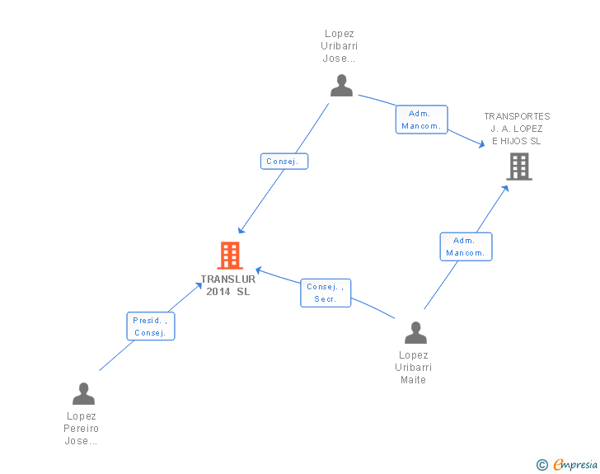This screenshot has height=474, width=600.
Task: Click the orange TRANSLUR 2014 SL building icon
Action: click(x=229, y=256)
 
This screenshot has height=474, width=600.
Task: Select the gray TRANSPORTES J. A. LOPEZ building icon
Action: click(x=518, y=167)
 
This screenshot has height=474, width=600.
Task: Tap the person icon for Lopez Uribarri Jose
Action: click(x=341, y=86)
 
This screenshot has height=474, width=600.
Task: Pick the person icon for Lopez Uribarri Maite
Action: click(x=416, y=333)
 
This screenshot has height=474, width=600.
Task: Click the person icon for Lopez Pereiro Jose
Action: click(x=83, y=394)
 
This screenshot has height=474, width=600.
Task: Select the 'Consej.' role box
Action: click(x=284, y=162)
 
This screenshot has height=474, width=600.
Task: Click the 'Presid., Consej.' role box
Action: click(x=151, y=326)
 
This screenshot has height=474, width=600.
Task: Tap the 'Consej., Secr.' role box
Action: click(x=326, y=293)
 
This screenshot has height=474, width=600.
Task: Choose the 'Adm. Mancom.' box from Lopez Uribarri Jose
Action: click(x=422, y=120)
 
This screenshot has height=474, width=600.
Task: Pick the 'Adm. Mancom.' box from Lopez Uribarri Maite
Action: click(x=466, y=246)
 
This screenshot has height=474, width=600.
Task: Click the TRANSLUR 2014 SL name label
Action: click(x=228, y=285)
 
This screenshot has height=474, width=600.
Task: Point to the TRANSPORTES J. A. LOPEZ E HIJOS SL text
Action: click(x=517, y=129)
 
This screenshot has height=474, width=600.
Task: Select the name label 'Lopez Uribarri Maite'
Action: click(x=414, y=368)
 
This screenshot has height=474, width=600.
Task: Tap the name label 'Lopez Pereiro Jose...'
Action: click(x=81, y=429)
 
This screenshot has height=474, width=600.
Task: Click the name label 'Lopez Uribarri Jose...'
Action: click(x=339, y=46)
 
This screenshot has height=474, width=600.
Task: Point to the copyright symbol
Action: click(x=541, y=466)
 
